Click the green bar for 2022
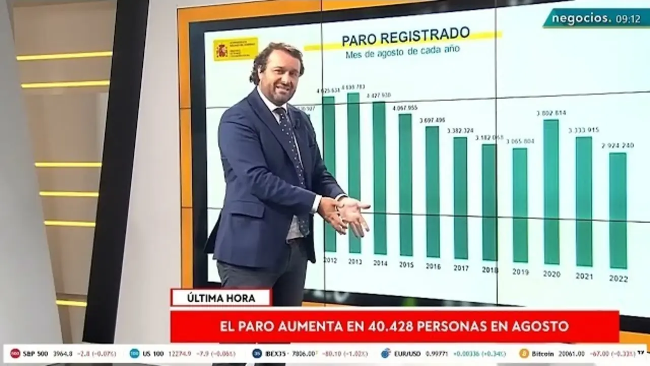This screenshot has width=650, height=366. coord(618,210)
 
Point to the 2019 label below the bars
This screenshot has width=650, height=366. coord(521,272)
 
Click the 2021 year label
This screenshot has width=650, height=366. coord(584,276)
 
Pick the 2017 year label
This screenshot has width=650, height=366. coord(461,268)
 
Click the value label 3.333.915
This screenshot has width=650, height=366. coord(583,130)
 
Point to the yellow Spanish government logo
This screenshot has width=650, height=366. coord(235,49)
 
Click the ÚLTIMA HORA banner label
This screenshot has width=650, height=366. coord(221,298)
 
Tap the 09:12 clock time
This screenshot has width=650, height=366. coord(628,19)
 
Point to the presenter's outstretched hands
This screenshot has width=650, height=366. coord(350,213)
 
